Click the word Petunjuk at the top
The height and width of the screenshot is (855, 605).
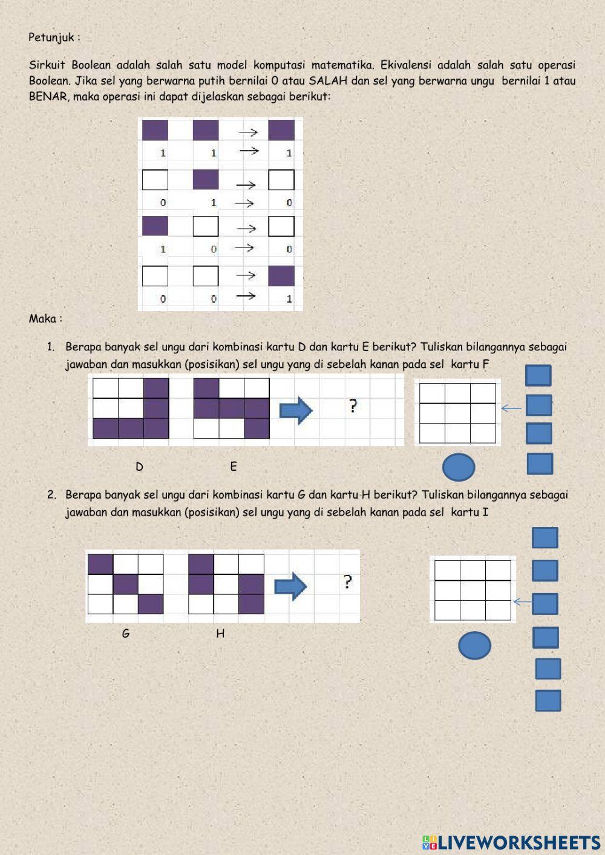click(51, 38)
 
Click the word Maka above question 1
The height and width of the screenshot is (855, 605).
click(42, 319)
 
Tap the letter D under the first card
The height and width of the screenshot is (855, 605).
click(139, 467)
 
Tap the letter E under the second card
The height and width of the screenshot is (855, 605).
click(234, 467)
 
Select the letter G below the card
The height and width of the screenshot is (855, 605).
click(126, 634)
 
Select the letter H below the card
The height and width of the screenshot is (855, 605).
click(220, 634)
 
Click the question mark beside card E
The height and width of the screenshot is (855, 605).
click(353, 406)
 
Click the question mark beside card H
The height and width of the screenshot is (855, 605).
click(347, 581)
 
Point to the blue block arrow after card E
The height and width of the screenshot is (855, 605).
click(296, 410)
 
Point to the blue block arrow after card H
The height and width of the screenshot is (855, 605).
click(291, 586)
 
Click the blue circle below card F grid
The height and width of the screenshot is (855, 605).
click(459, 467)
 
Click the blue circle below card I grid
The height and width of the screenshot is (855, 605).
click(474, 645)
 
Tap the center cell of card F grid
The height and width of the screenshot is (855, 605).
click(457, 413)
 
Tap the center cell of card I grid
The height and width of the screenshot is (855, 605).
click(473, 591)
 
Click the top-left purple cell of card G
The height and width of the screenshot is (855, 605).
click(100, 565)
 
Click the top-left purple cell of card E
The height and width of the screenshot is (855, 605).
click(206, 388)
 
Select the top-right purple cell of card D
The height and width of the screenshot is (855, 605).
click(157, 388)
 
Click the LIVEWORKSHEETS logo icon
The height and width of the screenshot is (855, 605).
click(430, 843)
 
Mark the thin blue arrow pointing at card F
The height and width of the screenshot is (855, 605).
click(511, 408)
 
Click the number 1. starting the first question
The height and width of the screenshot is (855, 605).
click(51, 347)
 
